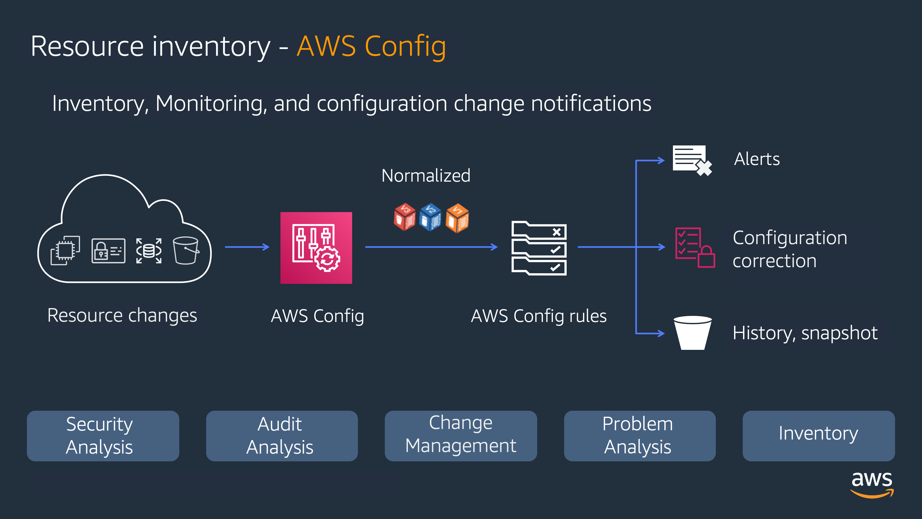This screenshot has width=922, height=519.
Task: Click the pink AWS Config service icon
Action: [x=316, y=248]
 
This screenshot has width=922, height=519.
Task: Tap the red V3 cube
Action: [x=404, y=217]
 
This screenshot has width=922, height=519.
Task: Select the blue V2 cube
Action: [x=430, y=217]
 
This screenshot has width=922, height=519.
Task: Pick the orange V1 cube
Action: [x=457, y=218]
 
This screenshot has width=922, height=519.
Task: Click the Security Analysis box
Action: [x=103, y=436]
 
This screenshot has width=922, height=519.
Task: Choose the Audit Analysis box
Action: [x=282, y=436]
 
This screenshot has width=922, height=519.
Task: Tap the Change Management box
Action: [x=461, y=436]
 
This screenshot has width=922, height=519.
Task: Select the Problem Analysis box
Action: [x=640, y=436]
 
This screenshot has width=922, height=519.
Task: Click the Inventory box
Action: [x=819, y=436]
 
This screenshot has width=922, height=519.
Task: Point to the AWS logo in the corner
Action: [x=872, y=484]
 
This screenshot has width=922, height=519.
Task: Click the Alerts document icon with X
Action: [x=692, y=160]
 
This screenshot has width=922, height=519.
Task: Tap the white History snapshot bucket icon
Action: [x=692, y=333]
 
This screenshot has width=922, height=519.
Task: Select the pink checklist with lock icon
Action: [x=695, y=248]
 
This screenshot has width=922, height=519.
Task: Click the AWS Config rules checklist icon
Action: [x=539, y=248]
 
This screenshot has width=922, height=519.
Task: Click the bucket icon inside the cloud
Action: [x=186, y=250]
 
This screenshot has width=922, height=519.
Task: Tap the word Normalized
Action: [x=425, y=176]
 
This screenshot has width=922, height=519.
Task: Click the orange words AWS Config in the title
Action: [x=371, y=46]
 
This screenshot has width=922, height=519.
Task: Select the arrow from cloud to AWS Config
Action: [x=247, y=247]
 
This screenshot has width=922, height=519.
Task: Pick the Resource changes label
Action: [x=122, y=316]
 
